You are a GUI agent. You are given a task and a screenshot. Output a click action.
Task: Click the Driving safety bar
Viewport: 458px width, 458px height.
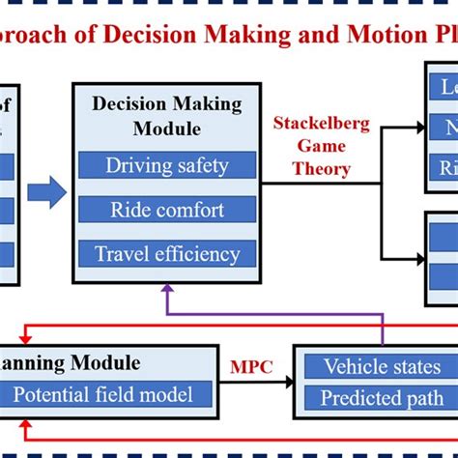coord(167,165)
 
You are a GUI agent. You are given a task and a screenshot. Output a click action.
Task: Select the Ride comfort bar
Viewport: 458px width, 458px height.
coord(167,210)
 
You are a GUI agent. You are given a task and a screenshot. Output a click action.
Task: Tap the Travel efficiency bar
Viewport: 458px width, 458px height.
coord(167,254)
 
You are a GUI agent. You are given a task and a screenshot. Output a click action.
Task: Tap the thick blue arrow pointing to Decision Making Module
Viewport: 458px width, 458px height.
coord(46,191)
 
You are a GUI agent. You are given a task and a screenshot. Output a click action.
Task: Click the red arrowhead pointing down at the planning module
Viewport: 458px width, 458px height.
coord(23,337)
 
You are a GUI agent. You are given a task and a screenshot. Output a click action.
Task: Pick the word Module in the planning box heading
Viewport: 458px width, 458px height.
coord(103,363)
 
